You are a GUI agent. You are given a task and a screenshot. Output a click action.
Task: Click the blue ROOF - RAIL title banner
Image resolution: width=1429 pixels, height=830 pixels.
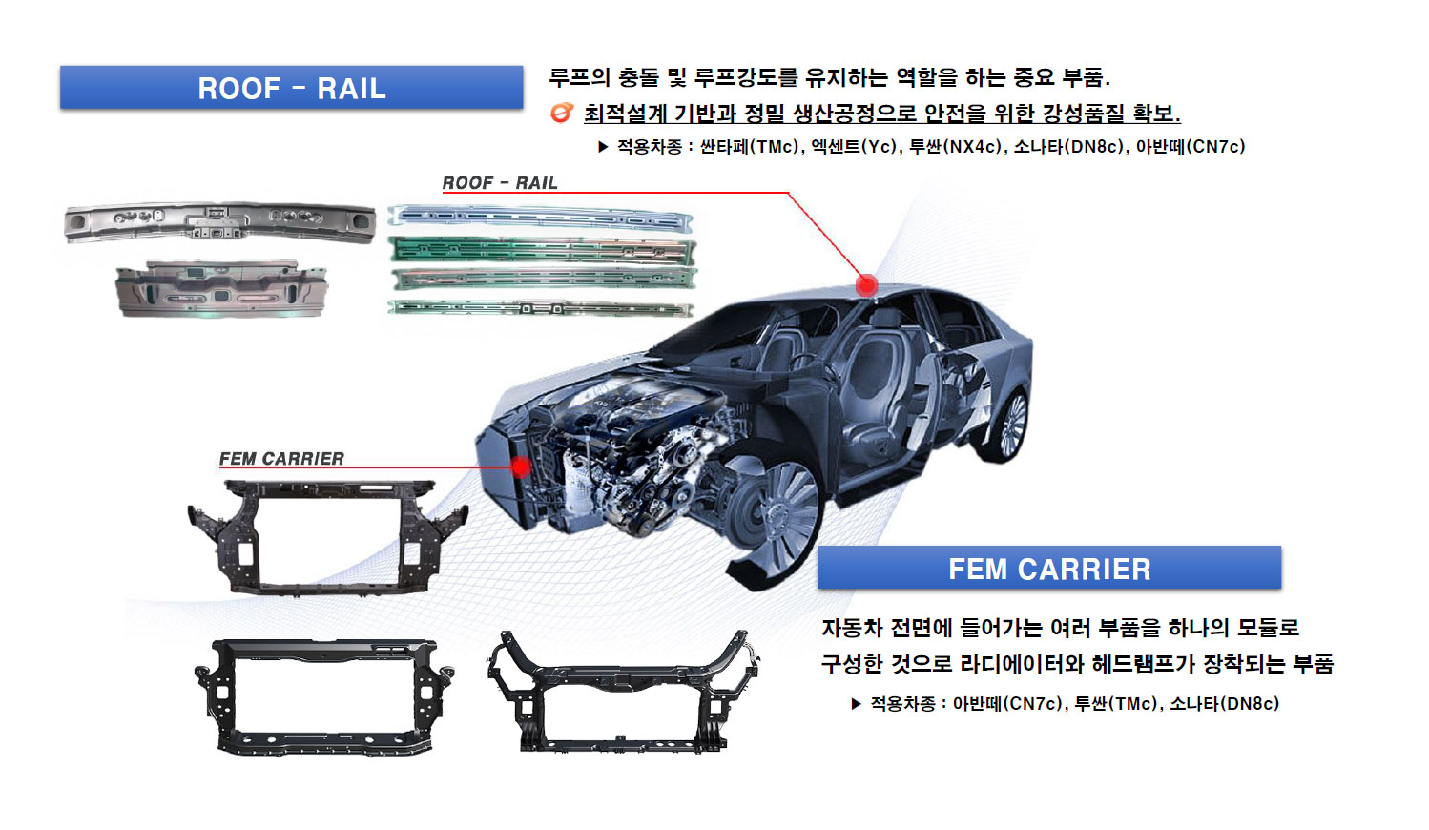(292, 88)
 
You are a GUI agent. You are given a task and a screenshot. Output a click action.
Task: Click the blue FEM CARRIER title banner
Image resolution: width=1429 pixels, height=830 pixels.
(1049, 567)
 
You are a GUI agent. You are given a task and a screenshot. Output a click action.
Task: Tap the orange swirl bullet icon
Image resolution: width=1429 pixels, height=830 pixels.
(561, 113)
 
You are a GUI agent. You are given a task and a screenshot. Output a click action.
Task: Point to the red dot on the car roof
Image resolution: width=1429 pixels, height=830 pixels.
(866, 285)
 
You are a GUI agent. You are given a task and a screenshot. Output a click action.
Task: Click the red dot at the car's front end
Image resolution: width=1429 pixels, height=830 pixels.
(521, 467)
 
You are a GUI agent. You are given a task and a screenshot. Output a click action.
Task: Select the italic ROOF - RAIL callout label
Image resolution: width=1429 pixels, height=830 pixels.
(500, 183)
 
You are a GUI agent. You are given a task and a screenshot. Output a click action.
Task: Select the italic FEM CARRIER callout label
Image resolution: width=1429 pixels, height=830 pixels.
(281, 459)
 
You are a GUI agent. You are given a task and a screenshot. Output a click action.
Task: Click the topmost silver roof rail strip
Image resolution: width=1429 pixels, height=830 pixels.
(540, 218)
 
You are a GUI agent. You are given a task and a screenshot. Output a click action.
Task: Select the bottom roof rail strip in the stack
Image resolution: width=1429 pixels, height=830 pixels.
(540, 308)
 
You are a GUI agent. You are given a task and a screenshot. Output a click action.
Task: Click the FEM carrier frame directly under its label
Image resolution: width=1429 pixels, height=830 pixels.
(327, 537)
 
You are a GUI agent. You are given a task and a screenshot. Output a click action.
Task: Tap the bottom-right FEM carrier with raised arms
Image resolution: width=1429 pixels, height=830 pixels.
(623, 692)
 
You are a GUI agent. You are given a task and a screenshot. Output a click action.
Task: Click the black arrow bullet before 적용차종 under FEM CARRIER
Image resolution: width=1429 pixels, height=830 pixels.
(856, 704)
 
